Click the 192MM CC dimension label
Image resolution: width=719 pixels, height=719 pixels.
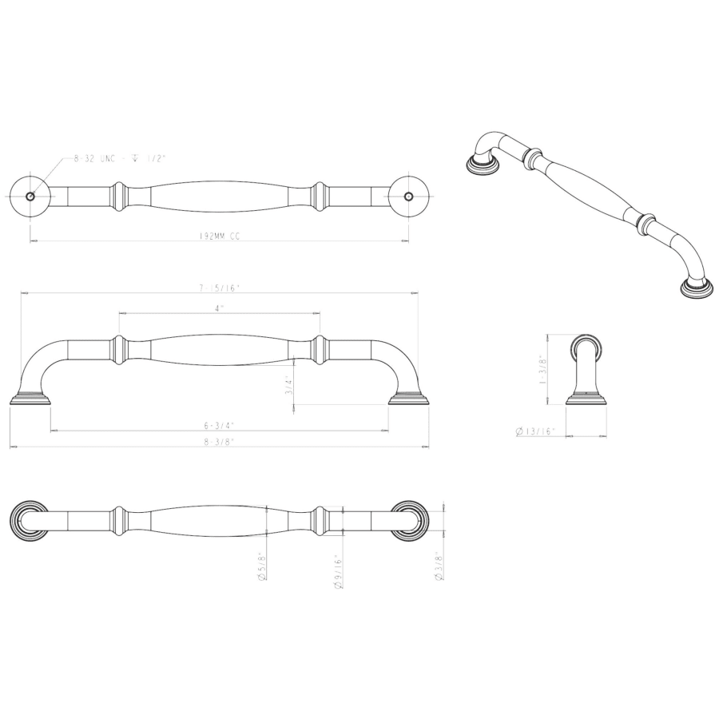tap(219, 236)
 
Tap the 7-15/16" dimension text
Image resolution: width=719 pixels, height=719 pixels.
tap(219, 288)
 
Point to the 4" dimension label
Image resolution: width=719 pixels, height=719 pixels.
tap(219, 308)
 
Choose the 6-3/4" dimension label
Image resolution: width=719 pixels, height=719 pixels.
tap(219, 426)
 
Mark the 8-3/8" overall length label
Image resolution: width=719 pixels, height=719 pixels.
tap(219, 442)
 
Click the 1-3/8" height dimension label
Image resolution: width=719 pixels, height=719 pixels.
tap(543, 369)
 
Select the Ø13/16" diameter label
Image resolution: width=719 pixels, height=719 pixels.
tap(535, 431)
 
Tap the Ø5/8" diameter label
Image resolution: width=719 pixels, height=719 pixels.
tap(262, 566)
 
